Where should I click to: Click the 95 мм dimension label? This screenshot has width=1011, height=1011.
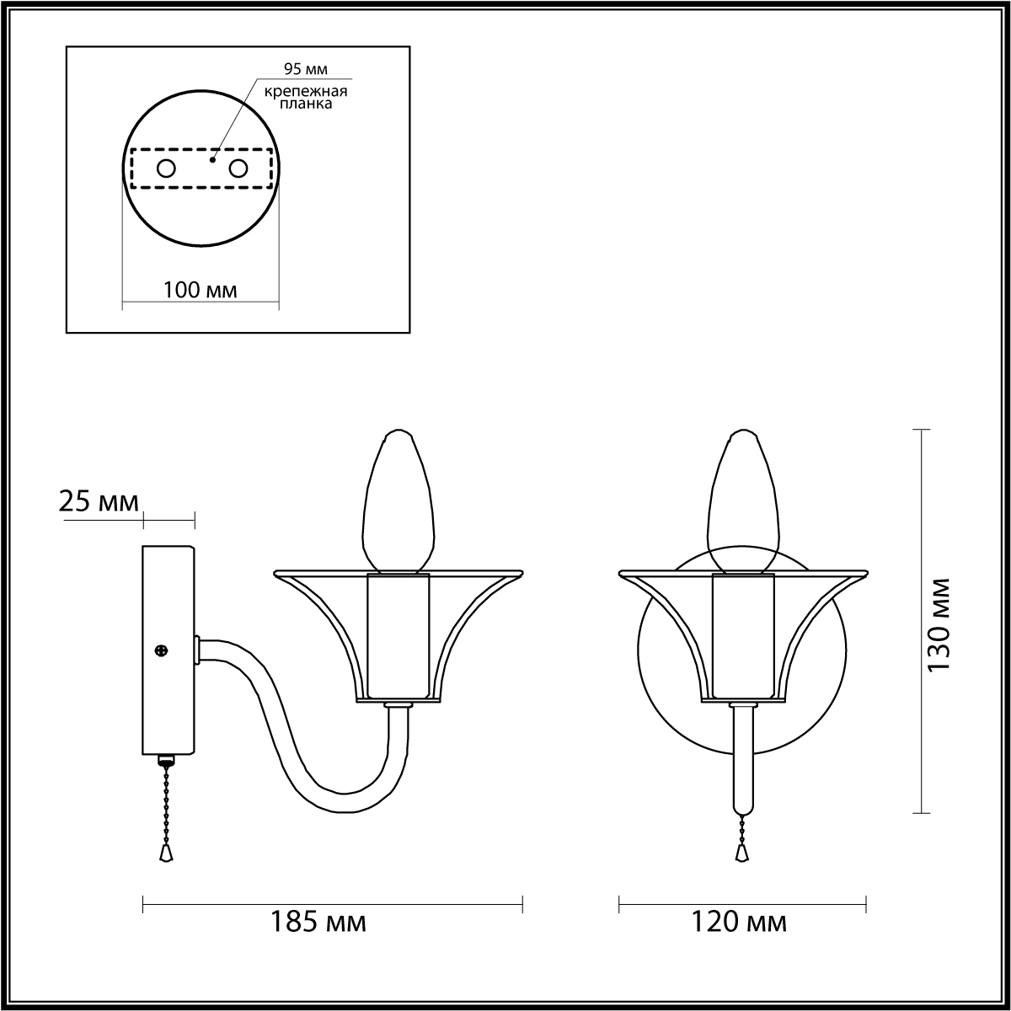point(305,69)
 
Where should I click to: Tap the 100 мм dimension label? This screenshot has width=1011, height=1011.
point(201,290)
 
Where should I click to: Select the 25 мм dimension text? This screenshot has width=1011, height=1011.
point(99,501)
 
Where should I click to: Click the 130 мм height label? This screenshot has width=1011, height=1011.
point(938,625)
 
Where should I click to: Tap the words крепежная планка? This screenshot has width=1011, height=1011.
point(306,97)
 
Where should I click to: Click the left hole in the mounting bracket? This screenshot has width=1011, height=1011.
point(166,169)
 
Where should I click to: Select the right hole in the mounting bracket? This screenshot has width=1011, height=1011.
point(238,169)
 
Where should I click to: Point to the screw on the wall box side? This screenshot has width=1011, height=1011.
point(162,650)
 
